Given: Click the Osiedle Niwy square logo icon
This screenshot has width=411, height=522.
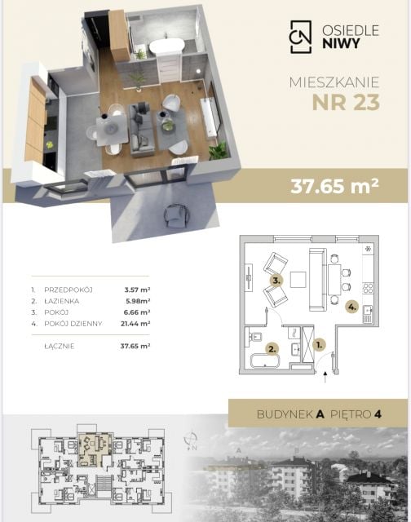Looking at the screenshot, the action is click(x=301, y=37).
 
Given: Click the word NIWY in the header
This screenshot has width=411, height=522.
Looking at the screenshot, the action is click(x=341, y=43).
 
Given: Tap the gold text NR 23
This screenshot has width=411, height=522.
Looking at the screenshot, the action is click(x=346, y=103).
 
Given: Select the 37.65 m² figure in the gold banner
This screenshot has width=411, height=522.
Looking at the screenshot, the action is click(x=334, y=186).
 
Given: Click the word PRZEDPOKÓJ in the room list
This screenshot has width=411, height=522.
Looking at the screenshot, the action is click(x=68, y=290).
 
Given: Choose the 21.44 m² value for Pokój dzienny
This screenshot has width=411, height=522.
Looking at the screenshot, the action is click(x=135, y=324).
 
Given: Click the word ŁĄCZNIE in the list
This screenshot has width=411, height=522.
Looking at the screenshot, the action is click(x=60, y=346).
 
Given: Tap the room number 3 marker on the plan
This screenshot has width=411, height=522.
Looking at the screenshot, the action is click(x=276, y=281).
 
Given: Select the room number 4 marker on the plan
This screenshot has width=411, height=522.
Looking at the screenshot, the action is click(x=351, y=307).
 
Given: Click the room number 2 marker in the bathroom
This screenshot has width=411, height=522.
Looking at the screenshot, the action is click(x=272, y=349).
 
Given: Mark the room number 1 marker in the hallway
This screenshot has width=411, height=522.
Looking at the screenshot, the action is click(x=319, y=345).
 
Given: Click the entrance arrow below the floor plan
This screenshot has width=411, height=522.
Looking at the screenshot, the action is click(x=325, y=377).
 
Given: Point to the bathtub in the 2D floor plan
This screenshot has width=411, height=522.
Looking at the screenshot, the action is click(x=265, y=361).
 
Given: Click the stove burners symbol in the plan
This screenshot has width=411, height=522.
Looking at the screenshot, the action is click(x=368, y=288).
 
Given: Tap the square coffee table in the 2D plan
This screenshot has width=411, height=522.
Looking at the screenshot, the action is click(x=298, y=280).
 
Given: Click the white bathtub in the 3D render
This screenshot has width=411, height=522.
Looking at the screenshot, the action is click(x=166, y=46).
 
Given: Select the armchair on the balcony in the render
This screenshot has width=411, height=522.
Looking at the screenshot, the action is click(x=176, y=216).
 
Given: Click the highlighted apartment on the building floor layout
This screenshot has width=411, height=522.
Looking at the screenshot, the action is click(x=95, y=450).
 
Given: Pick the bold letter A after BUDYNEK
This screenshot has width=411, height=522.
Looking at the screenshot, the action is click(x=320, y=414).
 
